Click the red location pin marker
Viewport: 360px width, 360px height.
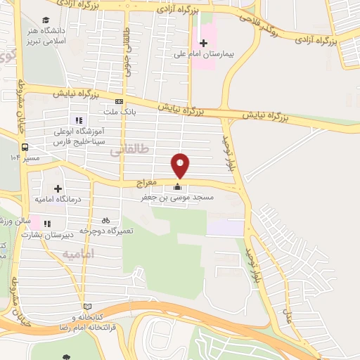tap(181, 165)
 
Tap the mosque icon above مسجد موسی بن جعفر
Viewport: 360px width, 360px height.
tap(177, 187)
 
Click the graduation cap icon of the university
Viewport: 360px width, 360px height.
tap(46, 20)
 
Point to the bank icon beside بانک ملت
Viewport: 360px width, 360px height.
tap(118, 102)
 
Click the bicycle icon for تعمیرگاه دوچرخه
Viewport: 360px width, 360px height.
tap(105, 220)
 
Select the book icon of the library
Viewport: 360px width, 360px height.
tap(87, 307)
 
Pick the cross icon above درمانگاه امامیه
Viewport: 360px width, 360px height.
tap(58, 189)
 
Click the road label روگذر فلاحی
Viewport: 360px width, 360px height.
tap(269, 27)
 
